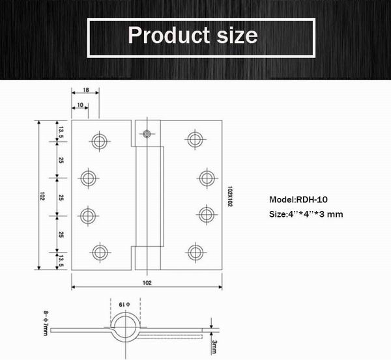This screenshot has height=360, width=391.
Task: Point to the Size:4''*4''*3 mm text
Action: tap(306, 214)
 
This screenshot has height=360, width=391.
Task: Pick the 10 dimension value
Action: tap(79, 104)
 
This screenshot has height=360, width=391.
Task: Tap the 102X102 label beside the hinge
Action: tap(230, 195)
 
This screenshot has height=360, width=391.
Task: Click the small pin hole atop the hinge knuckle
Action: tap(147, 133)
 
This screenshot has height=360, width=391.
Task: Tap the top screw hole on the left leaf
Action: tap(99, 140)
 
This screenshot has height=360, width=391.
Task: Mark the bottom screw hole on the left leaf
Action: tap(99, 251)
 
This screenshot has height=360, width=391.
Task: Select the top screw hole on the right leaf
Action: tap(194, 139)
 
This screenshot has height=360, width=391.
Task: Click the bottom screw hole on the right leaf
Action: tap(194, 251)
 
